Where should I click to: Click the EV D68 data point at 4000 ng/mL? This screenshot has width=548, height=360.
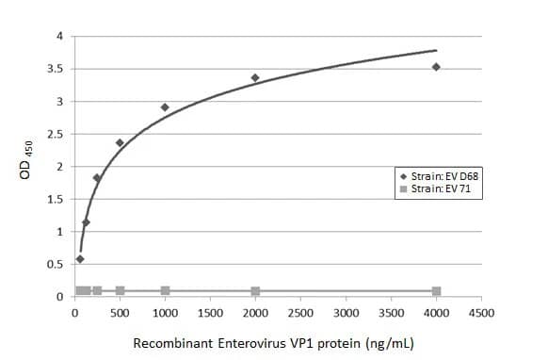436,67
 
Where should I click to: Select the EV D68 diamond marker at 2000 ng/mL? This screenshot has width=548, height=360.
255,78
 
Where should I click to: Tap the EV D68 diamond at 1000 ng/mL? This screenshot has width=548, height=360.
165,107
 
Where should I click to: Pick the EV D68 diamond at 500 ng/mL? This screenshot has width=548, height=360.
120,143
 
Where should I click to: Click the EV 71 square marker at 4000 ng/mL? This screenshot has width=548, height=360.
436,291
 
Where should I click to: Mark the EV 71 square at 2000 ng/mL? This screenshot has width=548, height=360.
255,291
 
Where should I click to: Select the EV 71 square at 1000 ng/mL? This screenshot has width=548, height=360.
165,290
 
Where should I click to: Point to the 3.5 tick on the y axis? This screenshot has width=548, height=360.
56,69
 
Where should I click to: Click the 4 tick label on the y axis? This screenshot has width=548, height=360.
59,37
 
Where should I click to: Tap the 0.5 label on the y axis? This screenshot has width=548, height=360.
56,265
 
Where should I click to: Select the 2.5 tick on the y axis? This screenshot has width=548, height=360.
56,134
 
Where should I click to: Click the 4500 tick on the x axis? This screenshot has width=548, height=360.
481,312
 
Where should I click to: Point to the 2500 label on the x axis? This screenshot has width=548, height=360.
300,312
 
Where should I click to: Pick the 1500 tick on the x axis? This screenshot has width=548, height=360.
210,312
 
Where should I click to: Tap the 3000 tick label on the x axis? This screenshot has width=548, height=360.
346,312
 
